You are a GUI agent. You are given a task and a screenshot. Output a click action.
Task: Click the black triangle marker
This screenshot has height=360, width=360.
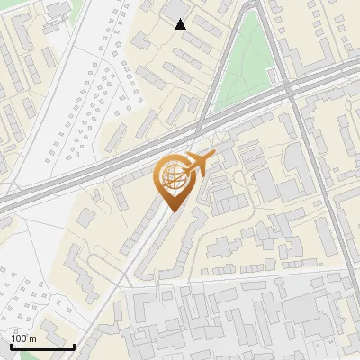tap(181, 24)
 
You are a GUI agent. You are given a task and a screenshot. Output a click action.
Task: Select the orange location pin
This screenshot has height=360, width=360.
tap(176, 181)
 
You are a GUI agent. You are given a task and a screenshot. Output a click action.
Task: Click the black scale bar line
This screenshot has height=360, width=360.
tap(42, 346)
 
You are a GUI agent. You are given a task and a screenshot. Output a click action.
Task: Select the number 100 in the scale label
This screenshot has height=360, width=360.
tap(21, 338)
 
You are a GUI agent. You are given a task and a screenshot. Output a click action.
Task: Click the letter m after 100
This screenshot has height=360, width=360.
tap(33, 339)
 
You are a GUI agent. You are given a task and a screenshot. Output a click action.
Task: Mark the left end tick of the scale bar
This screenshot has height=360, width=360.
tap(11, 345)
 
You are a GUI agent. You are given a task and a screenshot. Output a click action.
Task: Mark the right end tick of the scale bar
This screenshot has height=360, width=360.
tap(74, 345)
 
